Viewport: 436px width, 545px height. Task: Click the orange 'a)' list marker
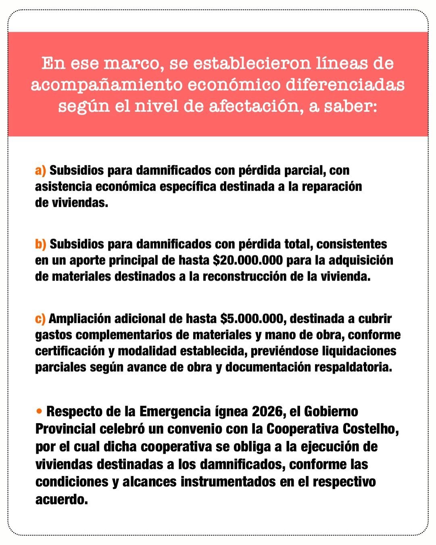[40, 170]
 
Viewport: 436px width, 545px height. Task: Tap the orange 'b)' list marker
[40, 244]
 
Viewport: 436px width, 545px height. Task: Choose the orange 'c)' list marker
[40, 319]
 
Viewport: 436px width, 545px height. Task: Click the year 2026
[265, 411]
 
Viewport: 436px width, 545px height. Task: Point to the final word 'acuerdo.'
[61, 499]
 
